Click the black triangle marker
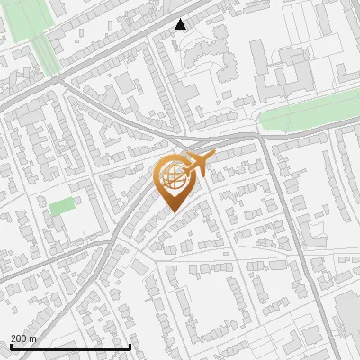(181, 24)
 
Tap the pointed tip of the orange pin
(172, 211)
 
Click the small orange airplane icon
(199, 164)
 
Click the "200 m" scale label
(23, 337)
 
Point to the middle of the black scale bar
(70, 346)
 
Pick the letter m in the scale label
(32, 337)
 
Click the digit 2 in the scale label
(13, 337)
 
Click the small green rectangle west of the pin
(61, 206)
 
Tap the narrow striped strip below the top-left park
(49, 59)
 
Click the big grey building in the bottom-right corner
(348, 315)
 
